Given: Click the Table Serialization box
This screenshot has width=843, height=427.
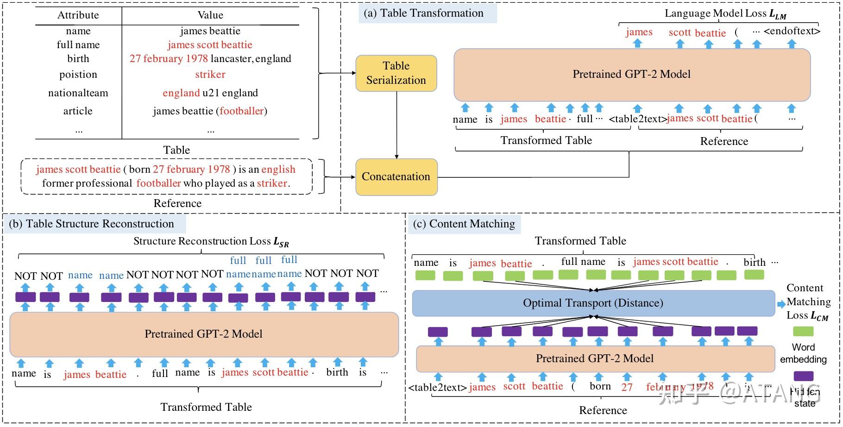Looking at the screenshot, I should (396, 73).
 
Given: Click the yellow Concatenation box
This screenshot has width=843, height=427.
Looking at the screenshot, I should (396, 177).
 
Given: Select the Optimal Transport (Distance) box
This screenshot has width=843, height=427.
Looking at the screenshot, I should (593, 303).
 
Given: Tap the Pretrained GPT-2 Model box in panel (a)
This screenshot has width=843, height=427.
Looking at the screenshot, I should (631, 75).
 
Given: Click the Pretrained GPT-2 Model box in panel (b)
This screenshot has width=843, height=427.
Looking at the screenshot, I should (204, 334).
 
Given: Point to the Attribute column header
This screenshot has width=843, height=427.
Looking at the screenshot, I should (78, 15).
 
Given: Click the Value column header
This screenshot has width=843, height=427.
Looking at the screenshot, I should (210, 15).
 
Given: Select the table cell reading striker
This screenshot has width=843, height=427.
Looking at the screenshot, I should (210, 75).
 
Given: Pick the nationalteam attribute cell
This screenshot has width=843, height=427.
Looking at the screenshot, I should (78, 93).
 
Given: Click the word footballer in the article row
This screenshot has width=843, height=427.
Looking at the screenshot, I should (241, 111).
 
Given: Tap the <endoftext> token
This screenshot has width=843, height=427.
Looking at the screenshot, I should (792, 31).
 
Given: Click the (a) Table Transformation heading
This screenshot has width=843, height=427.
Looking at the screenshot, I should (427, 13).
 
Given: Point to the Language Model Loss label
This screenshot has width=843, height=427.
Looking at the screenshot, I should (725, 14).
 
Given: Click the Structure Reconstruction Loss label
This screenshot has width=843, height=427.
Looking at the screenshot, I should (211, 241).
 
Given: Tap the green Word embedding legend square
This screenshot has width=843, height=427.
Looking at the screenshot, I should (803, 331).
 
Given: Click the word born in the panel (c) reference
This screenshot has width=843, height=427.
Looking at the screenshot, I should (600, 386).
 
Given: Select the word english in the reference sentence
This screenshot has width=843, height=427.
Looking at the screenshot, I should (278, 170).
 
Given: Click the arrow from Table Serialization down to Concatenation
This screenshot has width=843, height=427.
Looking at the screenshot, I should (396, 125).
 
